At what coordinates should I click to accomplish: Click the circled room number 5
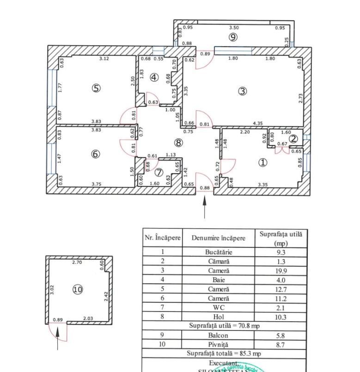[96, 88]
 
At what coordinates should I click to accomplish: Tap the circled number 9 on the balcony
[233, 37]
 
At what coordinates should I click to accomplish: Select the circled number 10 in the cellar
[77, 289]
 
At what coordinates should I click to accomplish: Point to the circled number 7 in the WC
[159, 173]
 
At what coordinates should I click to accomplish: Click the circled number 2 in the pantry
[293, 138]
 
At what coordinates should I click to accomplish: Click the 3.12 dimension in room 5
[104, 59]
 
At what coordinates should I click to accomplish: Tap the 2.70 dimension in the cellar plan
[77, 262]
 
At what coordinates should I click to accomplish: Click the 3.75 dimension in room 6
[97, 184]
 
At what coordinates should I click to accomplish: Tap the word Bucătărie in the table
[219, 252]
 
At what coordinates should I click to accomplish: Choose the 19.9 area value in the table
[281, 271]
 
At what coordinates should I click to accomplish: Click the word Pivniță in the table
[219, 345]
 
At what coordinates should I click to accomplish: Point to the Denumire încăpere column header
[219, 238]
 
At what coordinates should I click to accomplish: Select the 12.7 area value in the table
[281, 289]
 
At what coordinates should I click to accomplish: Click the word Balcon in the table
[219, 336]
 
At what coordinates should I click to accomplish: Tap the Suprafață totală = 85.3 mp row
[224, 354]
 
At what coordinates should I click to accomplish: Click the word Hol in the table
[219, 317]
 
